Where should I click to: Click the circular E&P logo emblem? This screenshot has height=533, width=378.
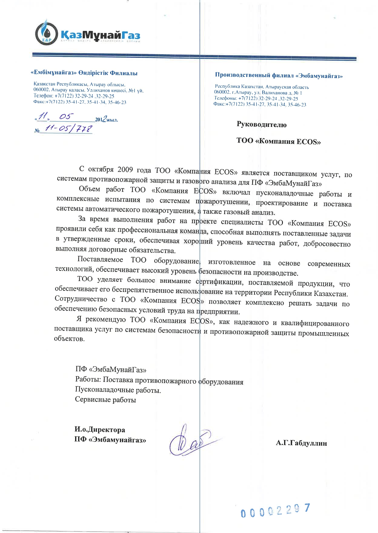pos(46,34)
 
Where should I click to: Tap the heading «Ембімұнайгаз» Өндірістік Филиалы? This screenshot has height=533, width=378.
pos(84,73)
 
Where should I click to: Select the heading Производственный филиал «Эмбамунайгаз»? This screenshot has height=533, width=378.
pos(279,75)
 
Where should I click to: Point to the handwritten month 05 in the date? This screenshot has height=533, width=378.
pos(65,117)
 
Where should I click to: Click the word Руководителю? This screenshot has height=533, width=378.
pos(261,124)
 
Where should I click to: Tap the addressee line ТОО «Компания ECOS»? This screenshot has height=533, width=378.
pos(278,141)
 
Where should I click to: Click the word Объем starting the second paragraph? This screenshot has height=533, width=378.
pos(89,189)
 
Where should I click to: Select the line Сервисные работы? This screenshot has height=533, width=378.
pos(105,400)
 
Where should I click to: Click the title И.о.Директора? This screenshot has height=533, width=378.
pos(100,430)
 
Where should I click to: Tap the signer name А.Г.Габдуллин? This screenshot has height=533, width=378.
pos(301,443)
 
